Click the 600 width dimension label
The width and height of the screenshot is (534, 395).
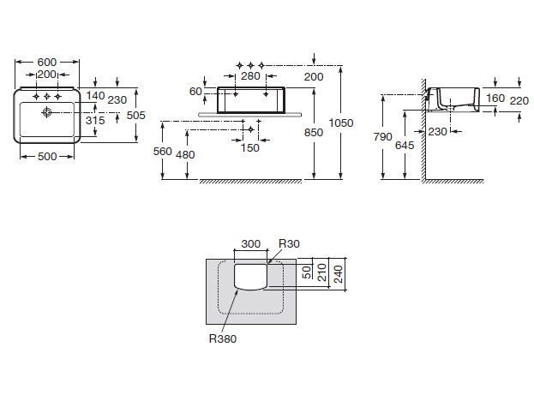[x=46, y=63]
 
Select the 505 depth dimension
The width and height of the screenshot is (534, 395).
[x=136, y=116]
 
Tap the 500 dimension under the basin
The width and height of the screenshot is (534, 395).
[x=47, y=156]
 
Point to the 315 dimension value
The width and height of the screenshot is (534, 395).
[x=95, y=120]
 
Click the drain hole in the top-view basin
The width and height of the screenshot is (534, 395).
[x=46, y=111]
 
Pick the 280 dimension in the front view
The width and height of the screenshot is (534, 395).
[x=250, y=76]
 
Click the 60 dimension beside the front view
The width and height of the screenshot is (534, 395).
[x=195, y=92]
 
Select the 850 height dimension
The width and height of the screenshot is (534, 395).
[x=314, y=132]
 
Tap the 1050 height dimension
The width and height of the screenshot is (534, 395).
[x=341, y=123]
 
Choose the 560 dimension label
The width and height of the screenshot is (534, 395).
[x=163, y=151]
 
